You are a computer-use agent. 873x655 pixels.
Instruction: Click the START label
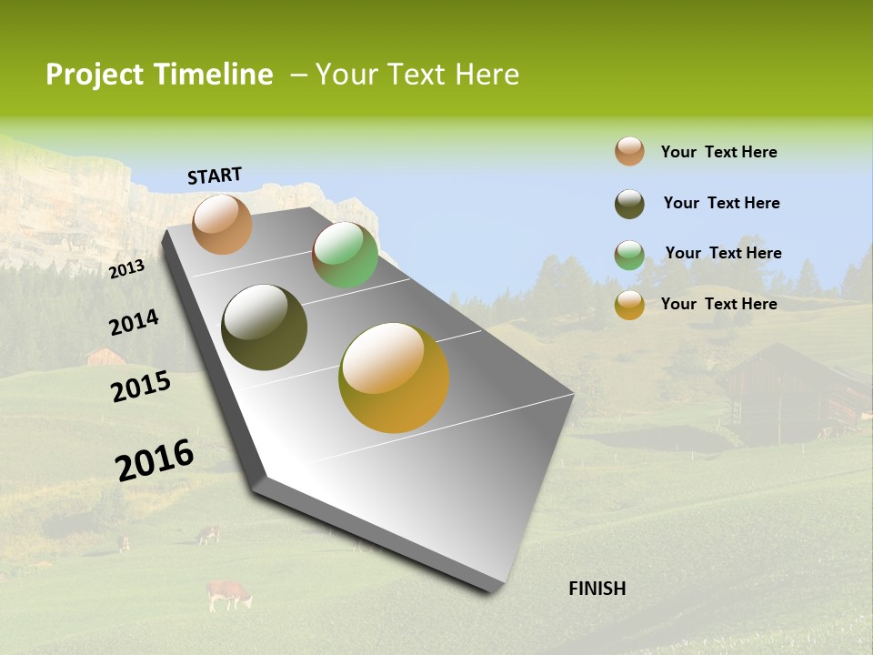coord(215,176)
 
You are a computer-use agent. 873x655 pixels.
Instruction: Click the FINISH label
coord(597,589)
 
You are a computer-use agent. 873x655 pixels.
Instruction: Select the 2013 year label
coord(127,268)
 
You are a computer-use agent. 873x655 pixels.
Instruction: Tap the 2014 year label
coord(134,322)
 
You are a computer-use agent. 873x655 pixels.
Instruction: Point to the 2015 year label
coord(141,386)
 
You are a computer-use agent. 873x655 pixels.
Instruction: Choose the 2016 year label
coord(155,458)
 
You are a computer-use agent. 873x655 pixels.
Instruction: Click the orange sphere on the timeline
coord(222,224)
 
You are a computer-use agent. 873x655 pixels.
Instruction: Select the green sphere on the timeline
coord(345,255)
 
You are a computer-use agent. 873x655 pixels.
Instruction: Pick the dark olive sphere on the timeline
coord(264,327)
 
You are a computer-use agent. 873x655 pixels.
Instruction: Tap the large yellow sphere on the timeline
coord(394,378)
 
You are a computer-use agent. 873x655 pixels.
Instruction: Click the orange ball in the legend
coord(629,151)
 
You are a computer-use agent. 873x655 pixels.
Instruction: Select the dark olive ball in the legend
coord(629,204)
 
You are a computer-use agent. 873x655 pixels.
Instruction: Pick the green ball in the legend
coord(629,255)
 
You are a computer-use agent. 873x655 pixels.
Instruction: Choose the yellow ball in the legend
coord(629,305)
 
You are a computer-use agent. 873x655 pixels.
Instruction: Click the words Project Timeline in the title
coord(159,75)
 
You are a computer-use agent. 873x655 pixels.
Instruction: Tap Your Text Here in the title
coord(417,75)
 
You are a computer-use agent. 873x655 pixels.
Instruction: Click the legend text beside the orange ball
coord(718,152)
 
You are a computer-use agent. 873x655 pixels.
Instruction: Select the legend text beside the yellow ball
coord(718,304)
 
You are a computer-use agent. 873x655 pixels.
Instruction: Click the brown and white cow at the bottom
coord(228,594)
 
